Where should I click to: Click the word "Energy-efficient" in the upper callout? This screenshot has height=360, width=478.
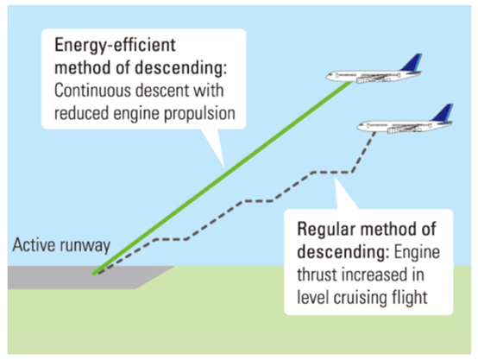click(115, 46)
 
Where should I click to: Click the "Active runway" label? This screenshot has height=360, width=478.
click(61, 245)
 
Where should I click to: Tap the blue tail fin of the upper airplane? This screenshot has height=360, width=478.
click(412, 63)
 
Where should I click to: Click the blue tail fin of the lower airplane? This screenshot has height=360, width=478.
click(443, 113)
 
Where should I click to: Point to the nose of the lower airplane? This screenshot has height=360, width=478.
click(360, 126)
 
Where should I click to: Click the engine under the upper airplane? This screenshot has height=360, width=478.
click(362, 80)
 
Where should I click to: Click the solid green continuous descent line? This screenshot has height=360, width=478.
click(223, 178)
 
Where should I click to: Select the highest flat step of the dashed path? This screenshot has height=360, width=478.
click(332, 173)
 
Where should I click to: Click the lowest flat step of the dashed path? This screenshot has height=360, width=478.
click(172, 239)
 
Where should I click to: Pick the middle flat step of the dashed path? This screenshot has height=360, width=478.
click(259, 201)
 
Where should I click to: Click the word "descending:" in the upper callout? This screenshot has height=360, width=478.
click(181, 67)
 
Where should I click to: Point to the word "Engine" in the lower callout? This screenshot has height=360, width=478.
click(417, 252)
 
